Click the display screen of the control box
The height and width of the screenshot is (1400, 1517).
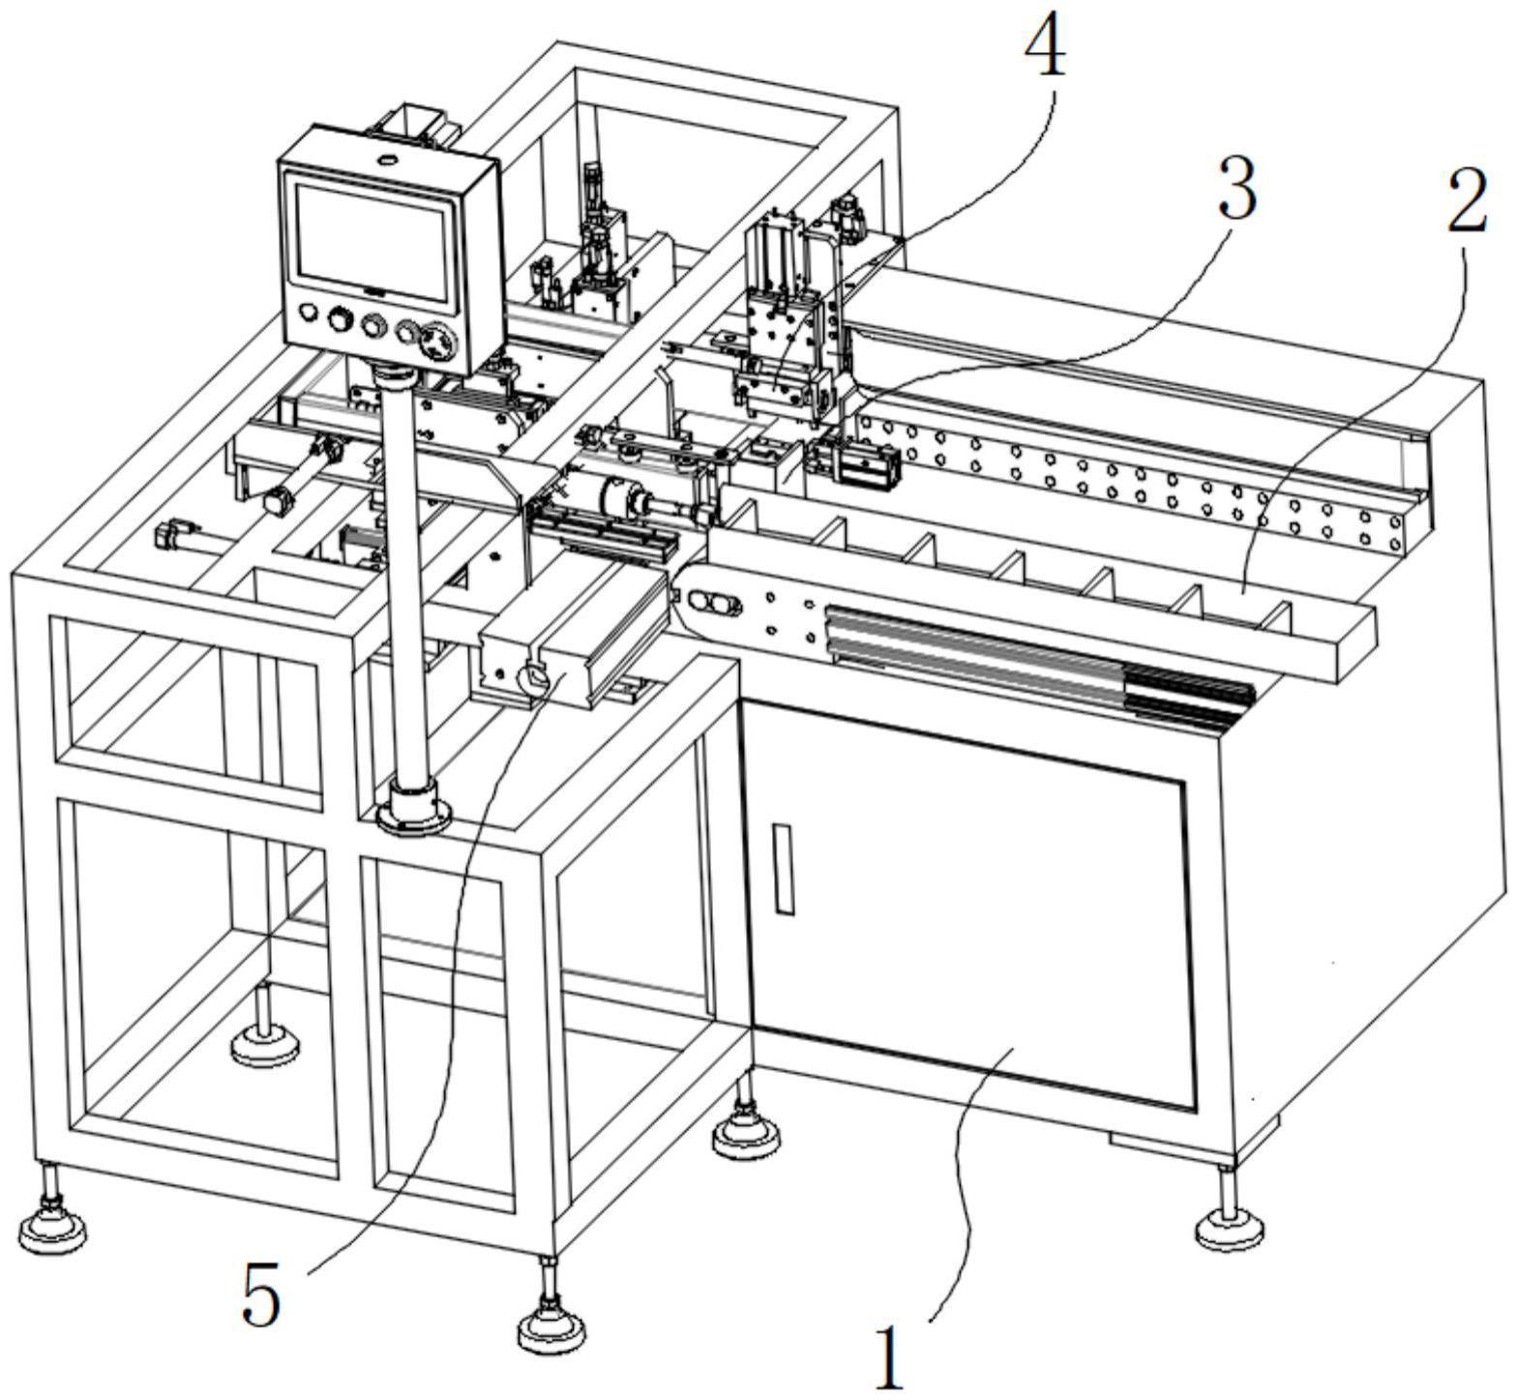pyautogui.click(x=373, y=242)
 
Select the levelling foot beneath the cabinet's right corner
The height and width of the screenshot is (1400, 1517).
pyautogui.click(x=1227, y=1227)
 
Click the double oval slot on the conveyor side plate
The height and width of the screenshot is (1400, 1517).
pyautogui.click(x=714, y=605)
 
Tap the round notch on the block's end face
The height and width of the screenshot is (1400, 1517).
pyautogui.click(x=531, y=678)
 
